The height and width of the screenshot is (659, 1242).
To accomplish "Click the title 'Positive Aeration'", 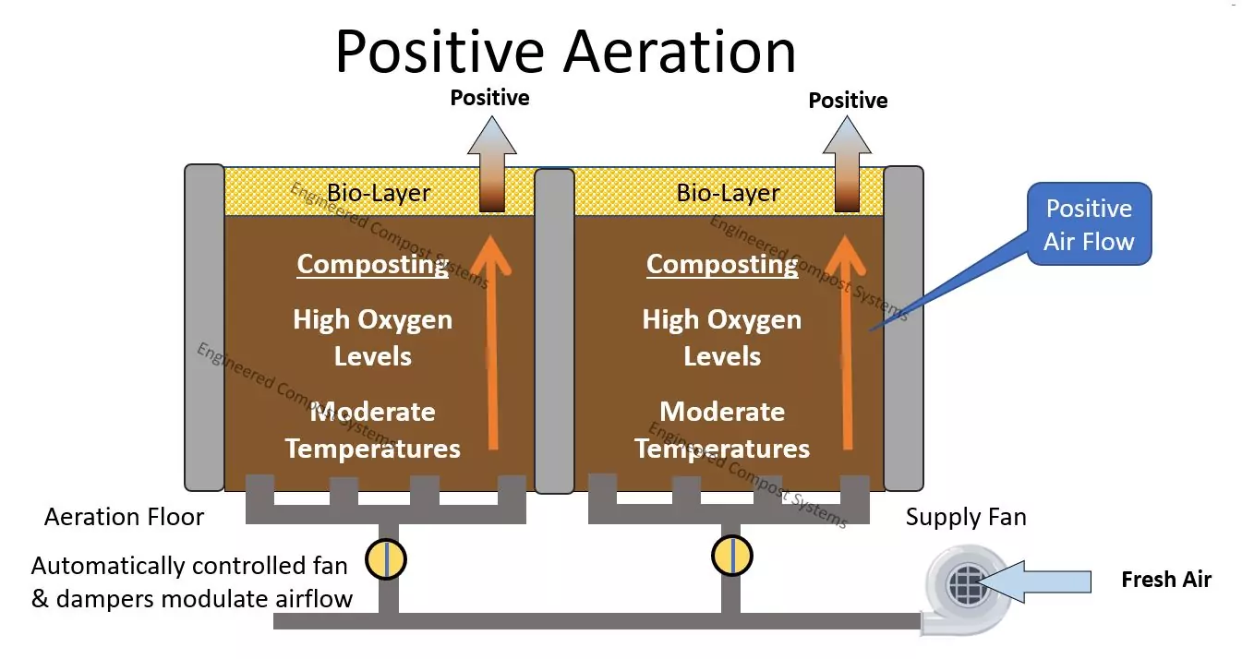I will (x=565, y=51).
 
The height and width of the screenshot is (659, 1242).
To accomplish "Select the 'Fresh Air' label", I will (x=1165, y=580).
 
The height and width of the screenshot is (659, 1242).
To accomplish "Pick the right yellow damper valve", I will (x=731, y=556).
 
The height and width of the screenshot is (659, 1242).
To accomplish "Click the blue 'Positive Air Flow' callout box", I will (x=1089, y=224).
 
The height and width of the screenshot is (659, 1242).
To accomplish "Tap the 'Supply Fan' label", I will (x=965, y=517).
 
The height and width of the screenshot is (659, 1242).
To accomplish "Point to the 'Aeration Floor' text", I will (x=124, y=517).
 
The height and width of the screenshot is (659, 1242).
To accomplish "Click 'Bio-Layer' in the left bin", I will (x=379, y=194).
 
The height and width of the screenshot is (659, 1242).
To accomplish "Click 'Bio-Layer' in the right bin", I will (x=728, y=194).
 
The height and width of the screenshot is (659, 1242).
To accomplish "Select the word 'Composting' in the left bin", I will (x=372, y=264).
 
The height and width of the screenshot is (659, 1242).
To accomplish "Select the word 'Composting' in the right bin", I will (x=722, y=264).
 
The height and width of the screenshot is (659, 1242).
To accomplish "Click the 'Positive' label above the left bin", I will (x=489, y=98).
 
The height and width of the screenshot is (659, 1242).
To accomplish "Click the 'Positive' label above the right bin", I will (x=848, y=101).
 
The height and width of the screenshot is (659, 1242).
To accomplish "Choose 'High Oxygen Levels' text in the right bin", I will (x=722, y=338).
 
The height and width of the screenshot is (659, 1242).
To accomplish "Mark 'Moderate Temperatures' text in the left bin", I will (x=372, y=430).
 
